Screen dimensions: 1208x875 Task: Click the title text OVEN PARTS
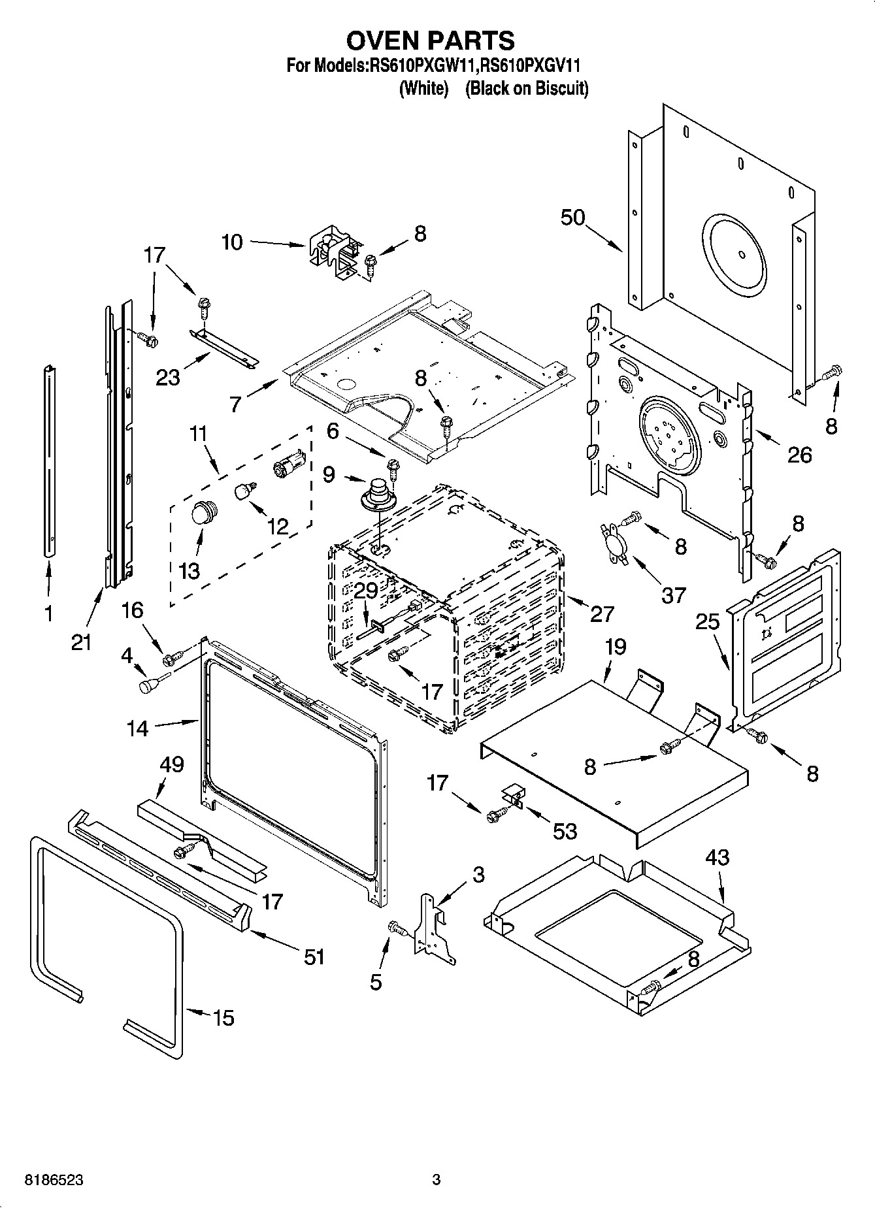430,41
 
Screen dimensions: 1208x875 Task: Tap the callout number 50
572,217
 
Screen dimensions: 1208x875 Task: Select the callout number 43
717,857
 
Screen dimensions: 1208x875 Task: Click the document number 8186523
54,1180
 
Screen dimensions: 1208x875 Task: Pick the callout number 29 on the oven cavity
366,590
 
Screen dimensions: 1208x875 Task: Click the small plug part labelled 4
150,685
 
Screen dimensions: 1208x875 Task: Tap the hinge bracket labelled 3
435,926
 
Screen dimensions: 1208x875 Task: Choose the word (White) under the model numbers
423,88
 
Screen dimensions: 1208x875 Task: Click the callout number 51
314,956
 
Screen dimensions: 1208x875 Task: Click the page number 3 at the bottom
437,1180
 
